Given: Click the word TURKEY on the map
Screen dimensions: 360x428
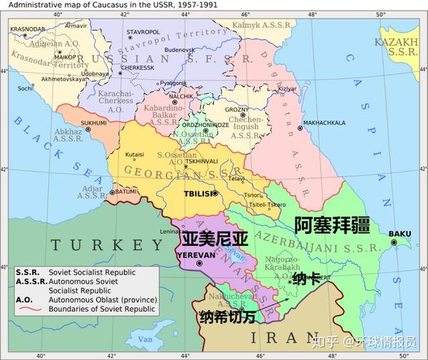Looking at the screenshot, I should pos(107,245).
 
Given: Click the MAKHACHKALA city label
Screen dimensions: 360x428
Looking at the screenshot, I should pos(324,123).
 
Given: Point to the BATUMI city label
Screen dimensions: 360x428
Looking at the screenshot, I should pos(126,191).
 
